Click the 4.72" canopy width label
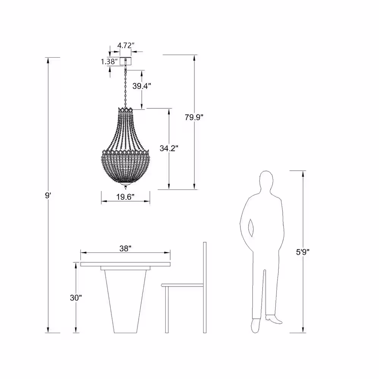pos(126,45)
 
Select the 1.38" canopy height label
pos(109,61)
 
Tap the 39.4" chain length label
pos(142,86)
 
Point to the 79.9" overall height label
pos(194,117)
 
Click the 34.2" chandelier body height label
pos(169,148)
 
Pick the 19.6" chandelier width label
pos(125,197)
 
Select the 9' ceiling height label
pos(48,196)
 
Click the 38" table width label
pos(125,249)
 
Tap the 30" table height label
pos(76,298)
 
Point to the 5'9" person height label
pos(303,252)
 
